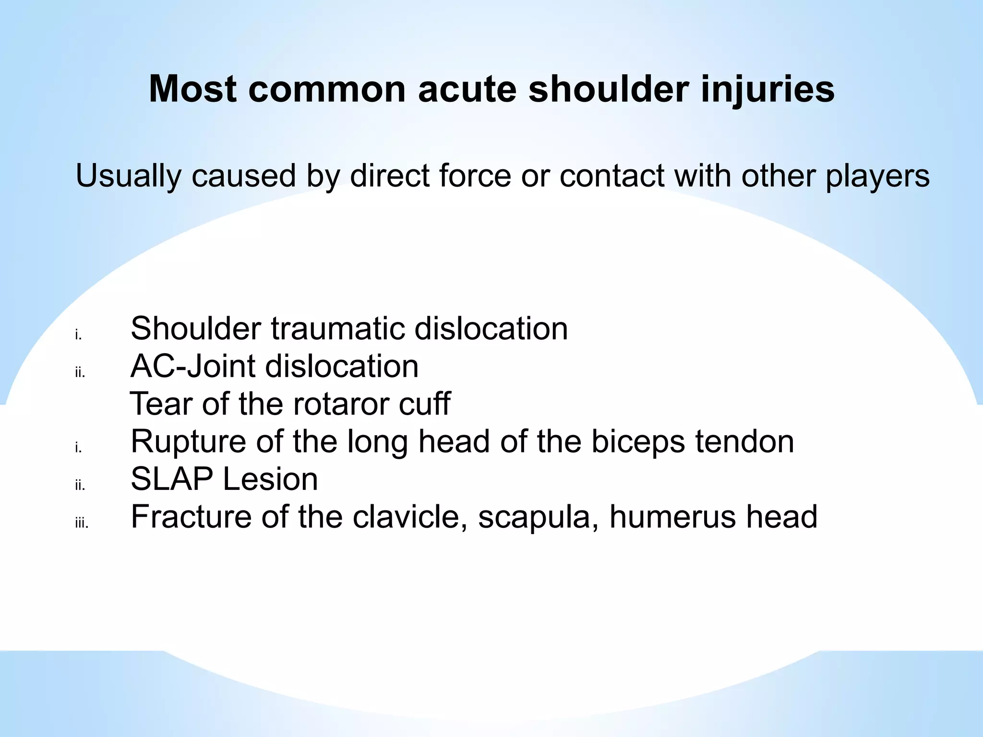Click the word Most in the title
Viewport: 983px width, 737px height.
pyautogui.click(x=193, y=89)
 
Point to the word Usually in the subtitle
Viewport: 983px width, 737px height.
pyautogui.click(x=129, y=177)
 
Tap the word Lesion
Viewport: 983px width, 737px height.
pyautogui.click(x=271, y=479)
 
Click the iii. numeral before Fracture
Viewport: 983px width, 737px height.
pyautogui.click(x=82, y=523)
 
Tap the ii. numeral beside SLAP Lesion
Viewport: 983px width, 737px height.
pyautogui.click(x=80, y=486)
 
